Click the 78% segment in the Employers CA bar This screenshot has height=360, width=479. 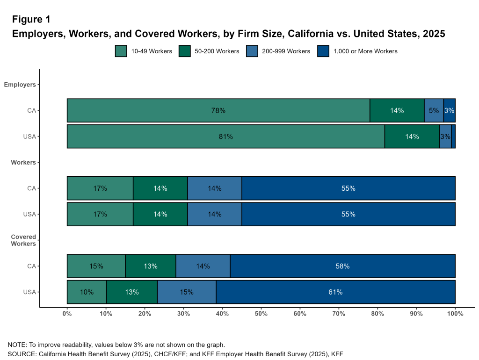tap(218, 110)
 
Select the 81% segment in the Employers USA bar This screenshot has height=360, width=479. tap(225, 137)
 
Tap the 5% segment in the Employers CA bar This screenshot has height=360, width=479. tap(434, 110)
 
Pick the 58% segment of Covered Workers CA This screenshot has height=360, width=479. tap(342, 266)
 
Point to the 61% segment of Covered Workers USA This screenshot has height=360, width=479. tap(335, 292)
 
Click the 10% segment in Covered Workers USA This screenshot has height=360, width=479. tap(87, 292)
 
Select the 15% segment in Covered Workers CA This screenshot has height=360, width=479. tap(96, 266)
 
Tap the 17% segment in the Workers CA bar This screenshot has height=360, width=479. tap(100, 188)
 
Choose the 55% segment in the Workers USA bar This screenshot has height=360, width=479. tap(348, 214)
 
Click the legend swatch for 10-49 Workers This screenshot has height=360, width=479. tap(121, 51)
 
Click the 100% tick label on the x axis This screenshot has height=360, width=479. tap(455, 314)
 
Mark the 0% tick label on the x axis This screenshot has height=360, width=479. tap(67, 314)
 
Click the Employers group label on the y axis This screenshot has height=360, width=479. tap(20, 85)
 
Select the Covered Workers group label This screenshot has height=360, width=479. tap(23, 240)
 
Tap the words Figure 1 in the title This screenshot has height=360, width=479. tap(31, 20)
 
